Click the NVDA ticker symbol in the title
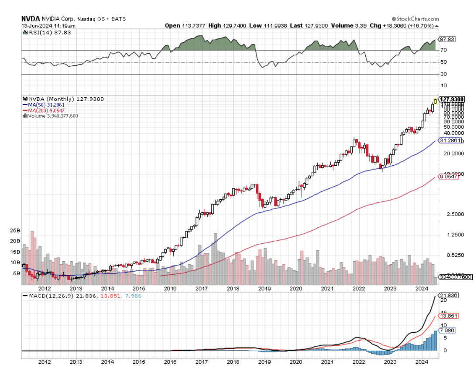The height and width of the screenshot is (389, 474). coord(31,19)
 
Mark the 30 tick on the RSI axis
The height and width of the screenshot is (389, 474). coord(443,74)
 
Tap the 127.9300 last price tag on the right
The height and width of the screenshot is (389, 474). coord(452,99)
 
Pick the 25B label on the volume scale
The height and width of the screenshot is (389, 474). coord(16,230)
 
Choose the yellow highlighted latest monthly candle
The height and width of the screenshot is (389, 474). coord(435,101)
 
